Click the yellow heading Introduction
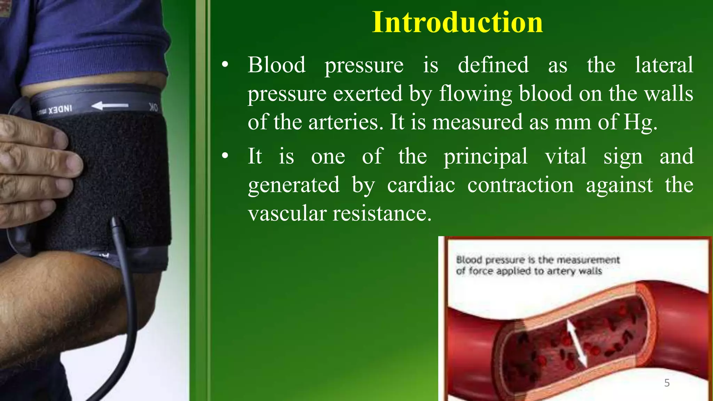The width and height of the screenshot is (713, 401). point(457,22)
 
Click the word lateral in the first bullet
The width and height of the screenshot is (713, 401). point(664,65)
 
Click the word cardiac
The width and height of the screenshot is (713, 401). point(421,185)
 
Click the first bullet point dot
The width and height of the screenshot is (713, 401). point(225,65)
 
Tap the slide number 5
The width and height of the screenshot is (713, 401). point(667,383)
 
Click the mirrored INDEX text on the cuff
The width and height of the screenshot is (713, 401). point(60,110)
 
